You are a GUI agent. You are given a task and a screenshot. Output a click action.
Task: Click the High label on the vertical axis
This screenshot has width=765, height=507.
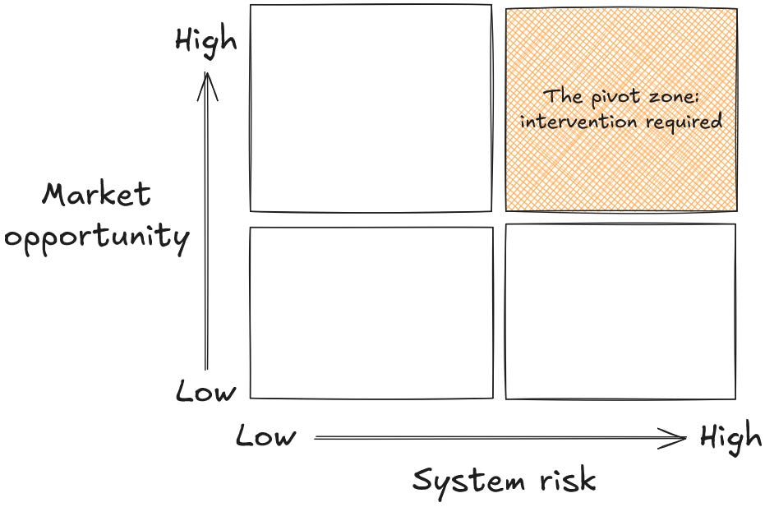(x=205, y=39)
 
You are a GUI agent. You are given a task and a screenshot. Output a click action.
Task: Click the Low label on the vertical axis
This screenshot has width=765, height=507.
(x=205, y=392)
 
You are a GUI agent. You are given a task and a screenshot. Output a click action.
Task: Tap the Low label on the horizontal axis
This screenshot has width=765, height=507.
(x=265, y=436)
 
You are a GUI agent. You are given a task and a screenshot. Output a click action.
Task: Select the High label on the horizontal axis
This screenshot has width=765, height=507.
(x=730, y=438)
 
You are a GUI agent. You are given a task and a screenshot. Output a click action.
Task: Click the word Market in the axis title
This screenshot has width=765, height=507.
(x=97, y=196)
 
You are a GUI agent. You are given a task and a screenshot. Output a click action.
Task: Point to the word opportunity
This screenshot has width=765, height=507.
(x=97, y=238)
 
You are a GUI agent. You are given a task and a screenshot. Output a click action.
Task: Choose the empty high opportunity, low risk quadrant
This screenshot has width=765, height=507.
(x=371, y=108)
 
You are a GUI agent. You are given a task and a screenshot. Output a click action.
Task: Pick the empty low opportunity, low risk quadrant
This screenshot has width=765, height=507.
(x=371, y=312)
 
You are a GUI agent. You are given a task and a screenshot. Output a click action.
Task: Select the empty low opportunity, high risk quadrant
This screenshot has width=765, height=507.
(x=620, y=311)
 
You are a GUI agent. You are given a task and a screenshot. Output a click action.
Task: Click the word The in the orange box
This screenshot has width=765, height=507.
(x=563, y=96)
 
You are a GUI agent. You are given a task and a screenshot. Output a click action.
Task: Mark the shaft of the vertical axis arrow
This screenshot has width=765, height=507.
(x=207, y=238)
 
